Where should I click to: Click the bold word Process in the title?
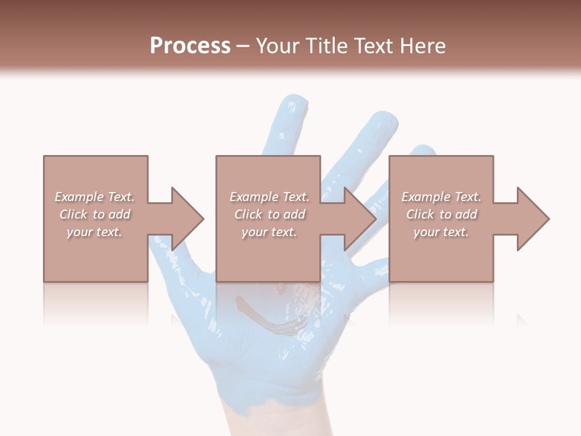coord(190,46)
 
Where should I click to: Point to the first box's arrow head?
coord(187,219)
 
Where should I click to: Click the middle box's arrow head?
coord(360,219)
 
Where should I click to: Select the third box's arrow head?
coord(533,219)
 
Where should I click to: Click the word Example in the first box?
coord(79,197)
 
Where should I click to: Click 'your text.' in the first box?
coord(94,233)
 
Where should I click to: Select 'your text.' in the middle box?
coord(269,233)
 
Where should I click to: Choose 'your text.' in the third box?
coord(441,233)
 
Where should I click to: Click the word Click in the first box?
coord(73,214)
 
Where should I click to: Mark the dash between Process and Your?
coord(243,47)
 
